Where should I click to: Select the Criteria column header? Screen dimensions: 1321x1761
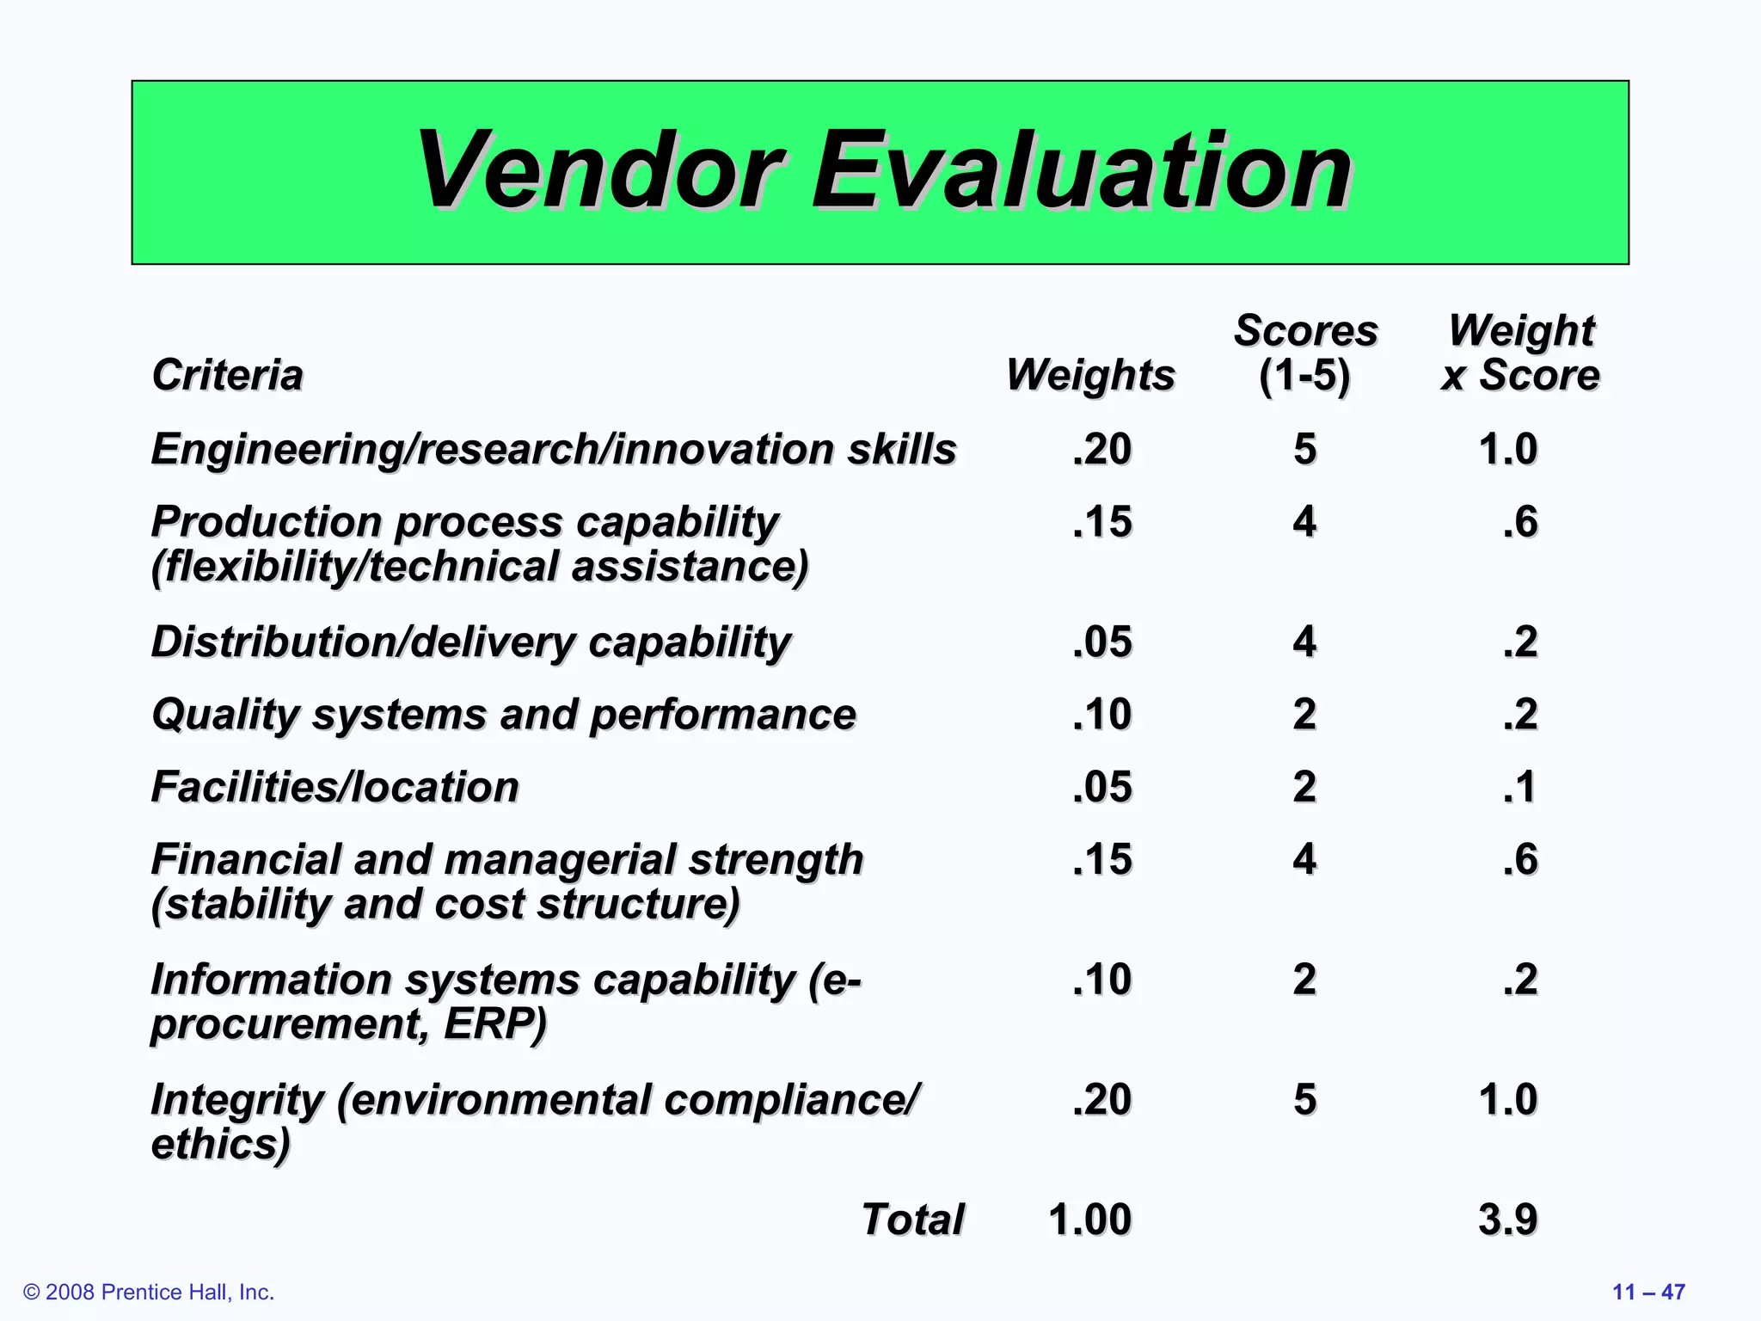(x=227, y=375)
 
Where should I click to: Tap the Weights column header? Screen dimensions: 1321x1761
(x=1090, y=375)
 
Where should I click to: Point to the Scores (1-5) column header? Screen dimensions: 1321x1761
(x=1305, y=353)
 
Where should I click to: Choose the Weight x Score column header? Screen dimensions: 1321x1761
(x=1520, y=353)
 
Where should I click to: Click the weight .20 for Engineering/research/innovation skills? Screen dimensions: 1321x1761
(x=1102, y=449)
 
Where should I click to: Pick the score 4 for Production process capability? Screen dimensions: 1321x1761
(x=1304, y=522)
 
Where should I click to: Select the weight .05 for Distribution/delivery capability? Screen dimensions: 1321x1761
(x=1102, y=642)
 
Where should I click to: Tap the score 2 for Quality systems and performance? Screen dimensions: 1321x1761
(x=1304, y=715)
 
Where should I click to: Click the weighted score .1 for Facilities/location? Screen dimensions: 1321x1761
(x=1520, y=787)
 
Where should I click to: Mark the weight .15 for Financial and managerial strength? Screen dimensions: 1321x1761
(x=1102, y=859)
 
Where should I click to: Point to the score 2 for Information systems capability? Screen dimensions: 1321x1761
(x=1304, y=980)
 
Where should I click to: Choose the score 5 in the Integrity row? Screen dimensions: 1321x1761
(x=1304, y=1099)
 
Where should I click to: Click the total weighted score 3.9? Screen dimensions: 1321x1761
(x=1507, y=1220)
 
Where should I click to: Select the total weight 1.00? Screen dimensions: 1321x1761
(x=1089, y=1220)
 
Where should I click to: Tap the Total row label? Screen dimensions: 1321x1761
(x=913, y=1220)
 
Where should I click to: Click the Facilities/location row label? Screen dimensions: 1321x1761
(x=335, y=787)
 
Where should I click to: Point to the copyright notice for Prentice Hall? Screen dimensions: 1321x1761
(x=149, y=1292)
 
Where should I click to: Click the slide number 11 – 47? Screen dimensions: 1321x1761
(x=1648, y=1292)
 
